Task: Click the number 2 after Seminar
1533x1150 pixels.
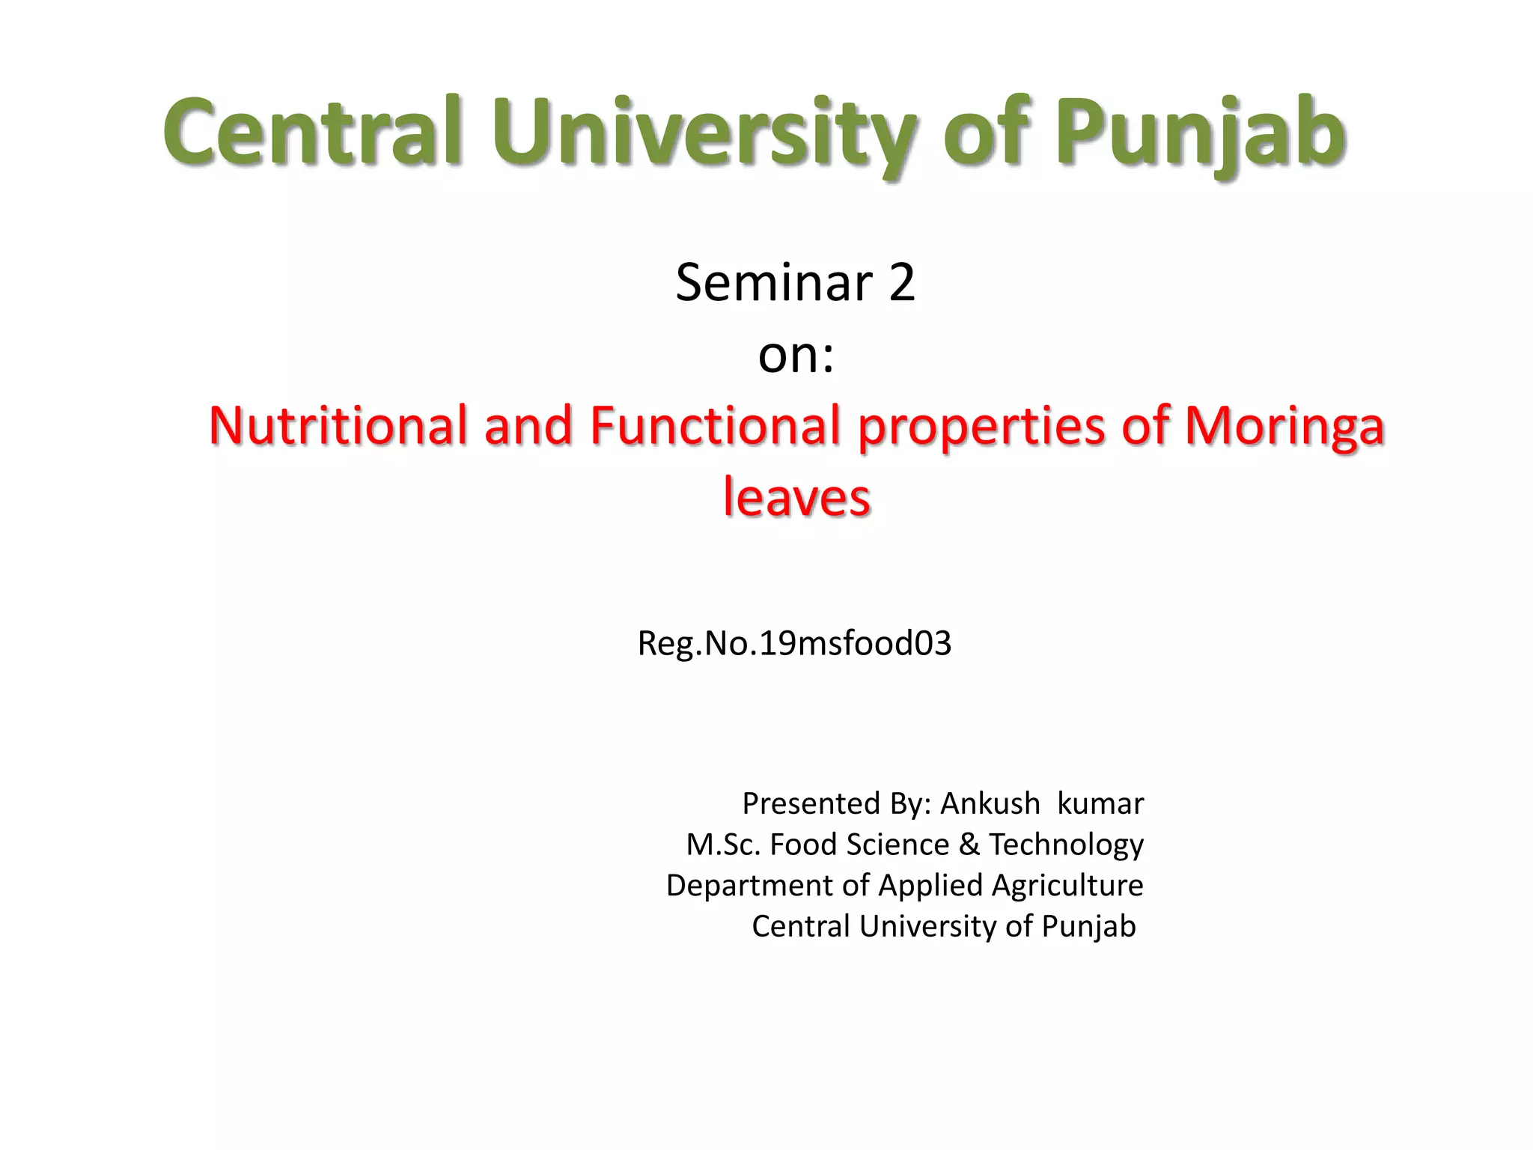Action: (902, 283)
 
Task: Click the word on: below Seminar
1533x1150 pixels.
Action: (796, 355)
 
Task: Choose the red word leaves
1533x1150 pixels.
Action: (796, 497)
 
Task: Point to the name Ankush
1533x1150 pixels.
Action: (990, 803)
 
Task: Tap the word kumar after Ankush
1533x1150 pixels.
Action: (1100, 803)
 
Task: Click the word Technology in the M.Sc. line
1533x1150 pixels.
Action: (1066, 845)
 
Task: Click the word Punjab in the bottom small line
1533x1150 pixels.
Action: (1088, 926)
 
